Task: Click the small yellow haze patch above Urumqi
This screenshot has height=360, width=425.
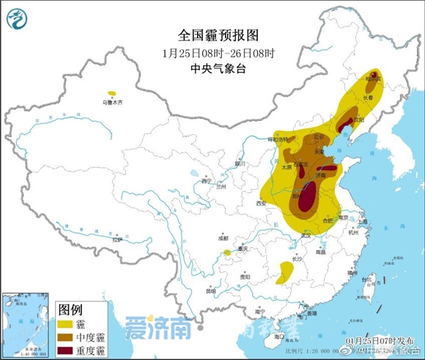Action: click(111, 93)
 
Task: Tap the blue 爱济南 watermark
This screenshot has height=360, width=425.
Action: click(151, 327)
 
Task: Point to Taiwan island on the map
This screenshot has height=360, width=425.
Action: click(369, 279)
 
